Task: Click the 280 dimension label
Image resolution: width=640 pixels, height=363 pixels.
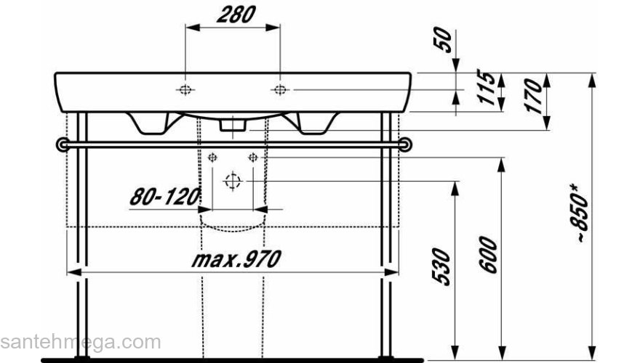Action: [x=233, y=15]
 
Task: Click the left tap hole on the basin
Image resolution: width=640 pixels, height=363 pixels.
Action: [x=185, y=89]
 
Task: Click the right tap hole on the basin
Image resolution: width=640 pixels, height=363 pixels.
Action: [x=280, y=89]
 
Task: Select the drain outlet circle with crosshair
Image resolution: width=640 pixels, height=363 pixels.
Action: [x=232, y=180]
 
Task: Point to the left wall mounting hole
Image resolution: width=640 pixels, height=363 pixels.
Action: [x=212, y=158]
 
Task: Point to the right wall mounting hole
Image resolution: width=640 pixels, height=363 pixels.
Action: [x=252, y=158]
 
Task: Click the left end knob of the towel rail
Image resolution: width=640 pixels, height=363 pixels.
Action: [x=62, y=144]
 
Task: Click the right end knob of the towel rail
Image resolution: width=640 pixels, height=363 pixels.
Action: [x=407, y=144]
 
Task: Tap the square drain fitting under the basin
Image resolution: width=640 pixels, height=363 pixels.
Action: [x=232, y=126]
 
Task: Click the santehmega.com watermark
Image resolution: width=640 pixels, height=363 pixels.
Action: [x=80, y=342]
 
